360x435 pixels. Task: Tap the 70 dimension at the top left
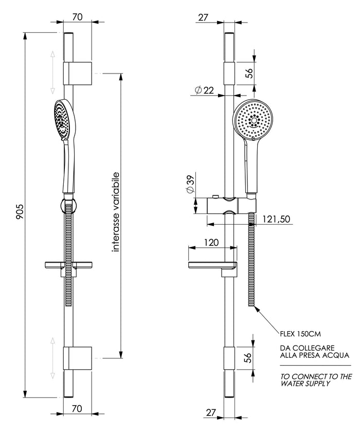pyautogui.click(x=78, y=17)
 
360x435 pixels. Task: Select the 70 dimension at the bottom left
pyautogui.click(x=78, y=409)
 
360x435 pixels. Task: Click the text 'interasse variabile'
pyautogui.click(x=116, y=211)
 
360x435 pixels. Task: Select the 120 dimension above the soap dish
pyautogui.click(x=211, y=243)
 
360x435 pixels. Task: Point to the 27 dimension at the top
pyautogui.click(x=203, y=17)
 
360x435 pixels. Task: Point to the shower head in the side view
pyautogui.click(x=63, y=119)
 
